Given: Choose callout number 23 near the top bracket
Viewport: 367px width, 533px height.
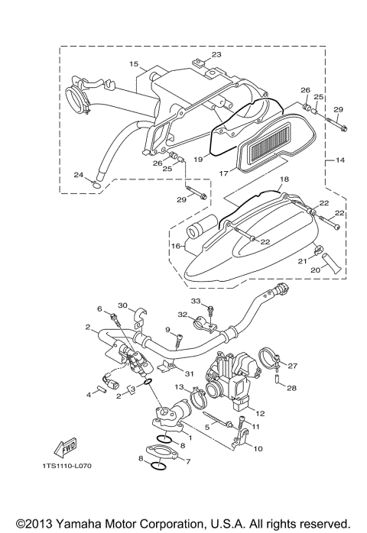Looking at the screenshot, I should coord(216,54).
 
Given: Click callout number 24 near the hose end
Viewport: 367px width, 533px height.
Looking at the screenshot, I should coord(78,175).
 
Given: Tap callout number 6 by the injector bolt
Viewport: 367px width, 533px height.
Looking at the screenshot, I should coord(99,309).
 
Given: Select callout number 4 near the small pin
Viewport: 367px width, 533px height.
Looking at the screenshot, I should coord(89,394).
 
